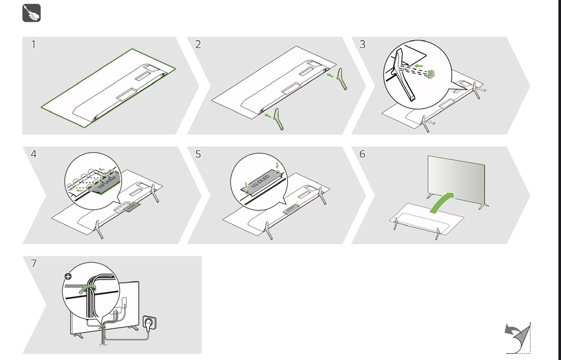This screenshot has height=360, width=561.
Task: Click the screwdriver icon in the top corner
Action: pos(32,13)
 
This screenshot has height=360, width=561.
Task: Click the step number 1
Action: pos(33,44)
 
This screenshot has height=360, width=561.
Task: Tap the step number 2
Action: pos(198,44)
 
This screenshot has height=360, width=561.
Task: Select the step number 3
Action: pos(362,44)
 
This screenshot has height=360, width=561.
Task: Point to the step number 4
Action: pos(34,154)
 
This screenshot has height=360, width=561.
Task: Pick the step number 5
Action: pos(198,154)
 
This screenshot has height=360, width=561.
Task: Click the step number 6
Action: pos(362,154)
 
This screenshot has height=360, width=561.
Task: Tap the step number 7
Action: pos(34,263)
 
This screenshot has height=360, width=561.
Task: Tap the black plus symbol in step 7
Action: pos(68,276)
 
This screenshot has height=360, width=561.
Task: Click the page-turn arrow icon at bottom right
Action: pos(518,338)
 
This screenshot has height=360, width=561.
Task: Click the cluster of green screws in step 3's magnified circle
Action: pos(430,74)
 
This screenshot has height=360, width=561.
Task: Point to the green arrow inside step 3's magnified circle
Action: pos(419,66)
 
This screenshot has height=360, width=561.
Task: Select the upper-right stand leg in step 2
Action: pos(342,79)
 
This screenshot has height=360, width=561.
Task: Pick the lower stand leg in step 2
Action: pos(279,119)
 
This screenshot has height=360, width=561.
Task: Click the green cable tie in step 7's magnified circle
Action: pos(88,289)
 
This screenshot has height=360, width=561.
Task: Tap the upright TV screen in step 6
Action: pos(456,180)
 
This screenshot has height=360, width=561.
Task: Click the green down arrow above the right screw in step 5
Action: pos(277,166)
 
